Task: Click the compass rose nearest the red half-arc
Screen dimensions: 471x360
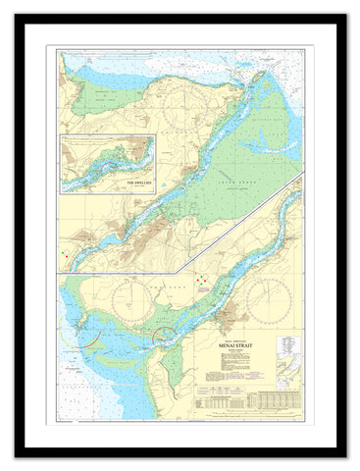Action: pyautogui.click(x=128, y=304)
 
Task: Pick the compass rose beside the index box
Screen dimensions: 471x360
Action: pyautogui.click(x=267, y=300)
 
